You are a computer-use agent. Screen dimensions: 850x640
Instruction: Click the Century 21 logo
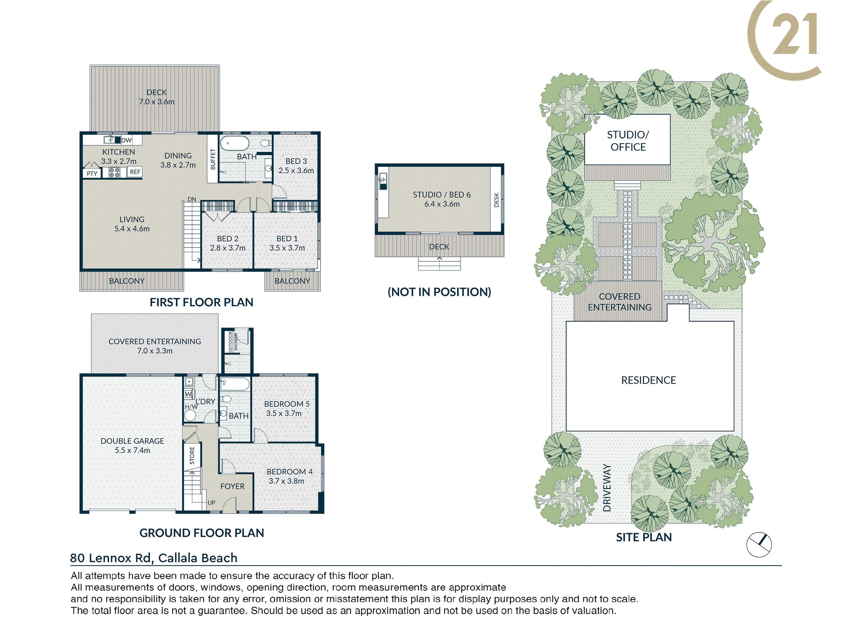click(x=784, y=40)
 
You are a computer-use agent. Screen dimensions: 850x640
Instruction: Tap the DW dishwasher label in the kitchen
click(x=127, y=140)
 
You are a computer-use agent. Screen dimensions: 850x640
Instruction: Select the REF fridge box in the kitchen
click(x=135, y=172)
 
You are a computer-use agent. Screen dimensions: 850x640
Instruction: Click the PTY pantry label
click(x=92, y=173)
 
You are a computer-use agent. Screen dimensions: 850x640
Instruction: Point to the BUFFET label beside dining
click(x=212, y=159)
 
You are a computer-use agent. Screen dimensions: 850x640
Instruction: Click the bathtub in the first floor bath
click(x=235, y=143)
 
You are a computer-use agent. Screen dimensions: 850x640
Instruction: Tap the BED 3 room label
click(x=296, y=161)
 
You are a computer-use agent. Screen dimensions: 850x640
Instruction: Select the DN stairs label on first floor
click(x=192, y=199)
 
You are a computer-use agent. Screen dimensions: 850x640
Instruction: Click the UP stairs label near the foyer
click(x=211, y=502)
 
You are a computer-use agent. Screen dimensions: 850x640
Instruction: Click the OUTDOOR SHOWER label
click(x=233, y=342)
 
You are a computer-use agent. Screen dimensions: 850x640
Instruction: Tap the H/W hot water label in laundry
click(x=191, y=407)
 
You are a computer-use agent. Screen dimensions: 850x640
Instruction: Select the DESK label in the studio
click(x=496, y=200)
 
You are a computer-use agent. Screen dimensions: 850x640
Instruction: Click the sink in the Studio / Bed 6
click(x=383, y=182)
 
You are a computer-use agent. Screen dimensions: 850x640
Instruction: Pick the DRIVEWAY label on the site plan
click(x=607, y=488)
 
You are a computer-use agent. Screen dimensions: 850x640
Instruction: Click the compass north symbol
click(x=759, y=545)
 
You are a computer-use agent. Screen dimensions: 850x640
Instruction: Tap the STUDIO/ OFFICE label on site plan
click(x=628, y=141)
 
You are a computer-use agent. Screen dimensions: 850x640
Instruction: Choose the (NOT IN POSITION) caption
click(x=439, y=292)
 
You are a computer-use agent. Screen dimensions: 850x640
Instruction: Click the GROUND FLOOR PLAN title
click(x=202, y=533)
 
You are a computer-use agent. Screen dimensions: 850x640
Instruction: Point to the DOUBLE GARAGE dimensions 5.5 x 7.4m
click(x=132, y=450)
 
